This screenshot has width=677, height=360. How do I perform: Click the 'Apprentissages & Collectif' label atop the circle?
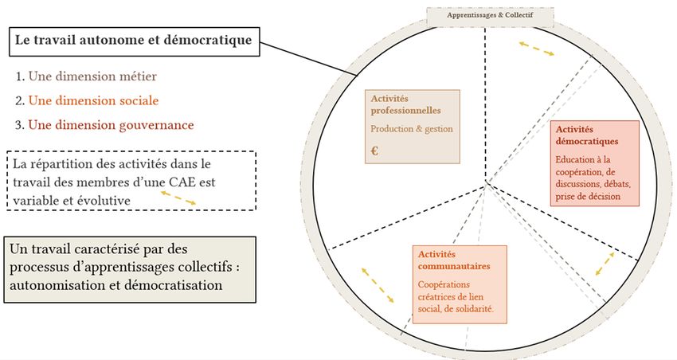[x=490, y=15]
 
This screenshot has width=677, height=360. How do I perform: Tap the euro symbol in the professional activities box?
[x=374, y=151]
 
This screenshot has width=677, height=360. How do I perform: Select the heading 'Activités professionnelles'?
[x=406, y=104]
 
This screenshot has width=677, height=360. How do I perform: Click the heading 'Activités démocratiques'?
[x=587, y=135]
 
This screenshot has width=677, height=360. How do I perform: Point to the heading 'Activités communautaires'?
[x=454, y=260]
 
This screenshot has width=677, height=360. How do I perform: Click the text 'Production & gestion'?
[x=412, y=129]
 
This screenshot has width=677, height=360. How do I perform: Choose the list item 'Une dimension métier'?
[x=92, y=76]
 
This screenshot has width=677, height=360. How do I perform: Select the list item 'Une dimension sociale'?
[x=93, y=100]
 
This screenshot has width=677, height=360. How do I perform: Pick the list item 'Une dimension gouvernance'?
[x=111, y=125]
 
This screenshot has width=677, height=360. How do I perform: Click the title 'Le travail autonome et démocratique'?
[x=134, y=40]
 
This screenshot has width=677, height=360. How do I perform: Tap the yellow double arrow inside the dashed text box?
[x=178, y=198]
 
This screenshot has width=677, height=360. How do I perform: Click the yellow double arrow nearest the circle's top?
[x=537, y=49]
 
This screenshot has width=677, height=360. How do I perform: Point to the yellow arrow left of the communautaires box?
[x=378, y=285]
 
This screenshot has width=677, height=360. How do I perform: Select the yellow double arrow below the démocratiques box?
[x=605, y=264]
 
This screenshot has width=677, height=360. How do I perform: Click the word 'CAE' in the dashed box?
[x=183, y=182]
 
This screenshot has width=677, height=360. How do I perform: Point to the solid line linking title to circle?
[x=309, y=59]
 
